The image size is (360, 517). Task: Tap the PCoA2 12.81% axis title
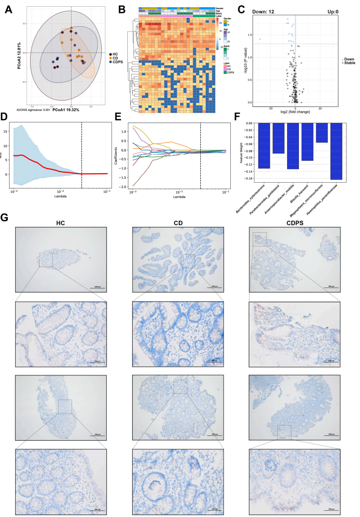point(19,53)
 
